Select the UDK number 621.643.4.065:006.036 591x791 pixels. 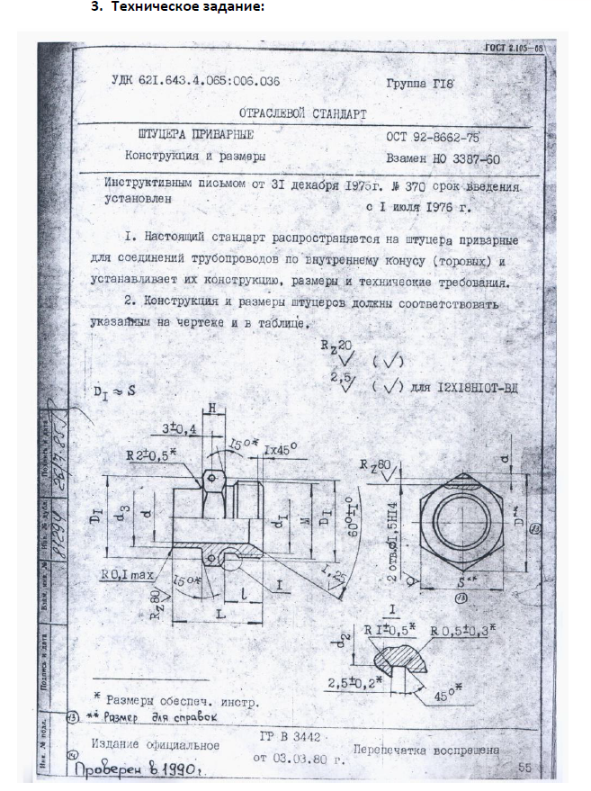195,81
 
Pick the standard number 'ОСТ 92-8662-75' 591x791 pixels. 432,138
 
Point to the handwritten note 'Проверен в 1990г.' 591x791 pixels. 135,771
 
